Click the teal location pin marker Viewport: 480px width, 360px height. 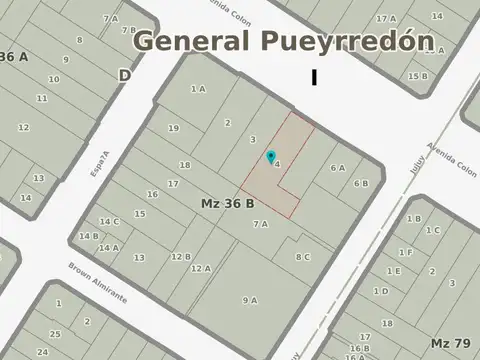click(270, 157)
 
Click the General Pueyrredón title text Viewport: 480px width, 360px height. click(285, 42)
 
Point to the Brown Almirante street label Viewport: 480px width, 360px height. click(97, 283)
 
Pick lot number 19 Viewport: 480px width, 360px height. click(173, 128)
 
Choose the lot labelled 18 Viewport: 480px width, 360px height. click(185, 165)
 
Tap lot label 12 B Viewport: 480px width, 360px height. click(180, 257)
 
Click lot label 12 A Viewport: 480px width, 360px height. click(200, 268)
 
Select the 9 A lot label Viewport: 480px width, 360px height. click(249, 300)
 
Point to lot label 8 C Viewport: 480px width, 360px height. click(302, 257)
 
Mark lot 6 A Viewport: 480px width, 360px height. click(338, 168)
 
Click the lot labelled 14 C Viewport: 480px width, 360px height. click(109, 222)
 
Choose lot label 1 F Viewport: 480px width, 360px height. click(405, 252)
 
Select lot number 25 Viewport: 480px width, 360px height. click(56, 333)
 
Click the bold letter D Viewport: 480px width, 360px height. click(125, 75)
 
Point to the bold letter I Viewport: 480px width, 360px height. click(315, 77)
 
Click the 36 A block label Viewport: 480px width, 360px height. click(14, 57)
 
